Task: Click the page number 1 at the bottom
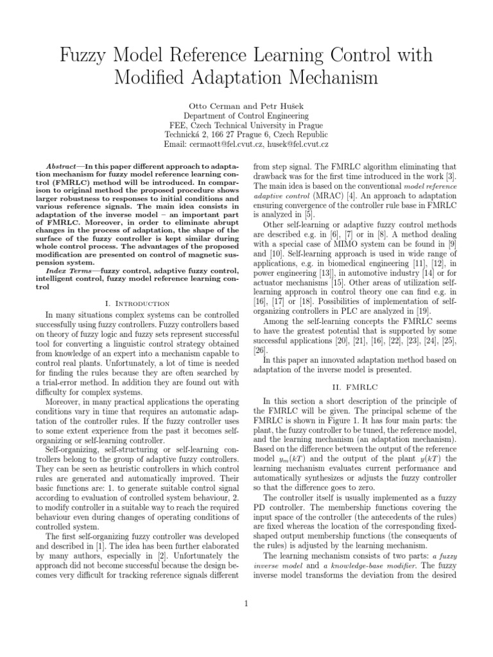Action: (246, 602)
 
